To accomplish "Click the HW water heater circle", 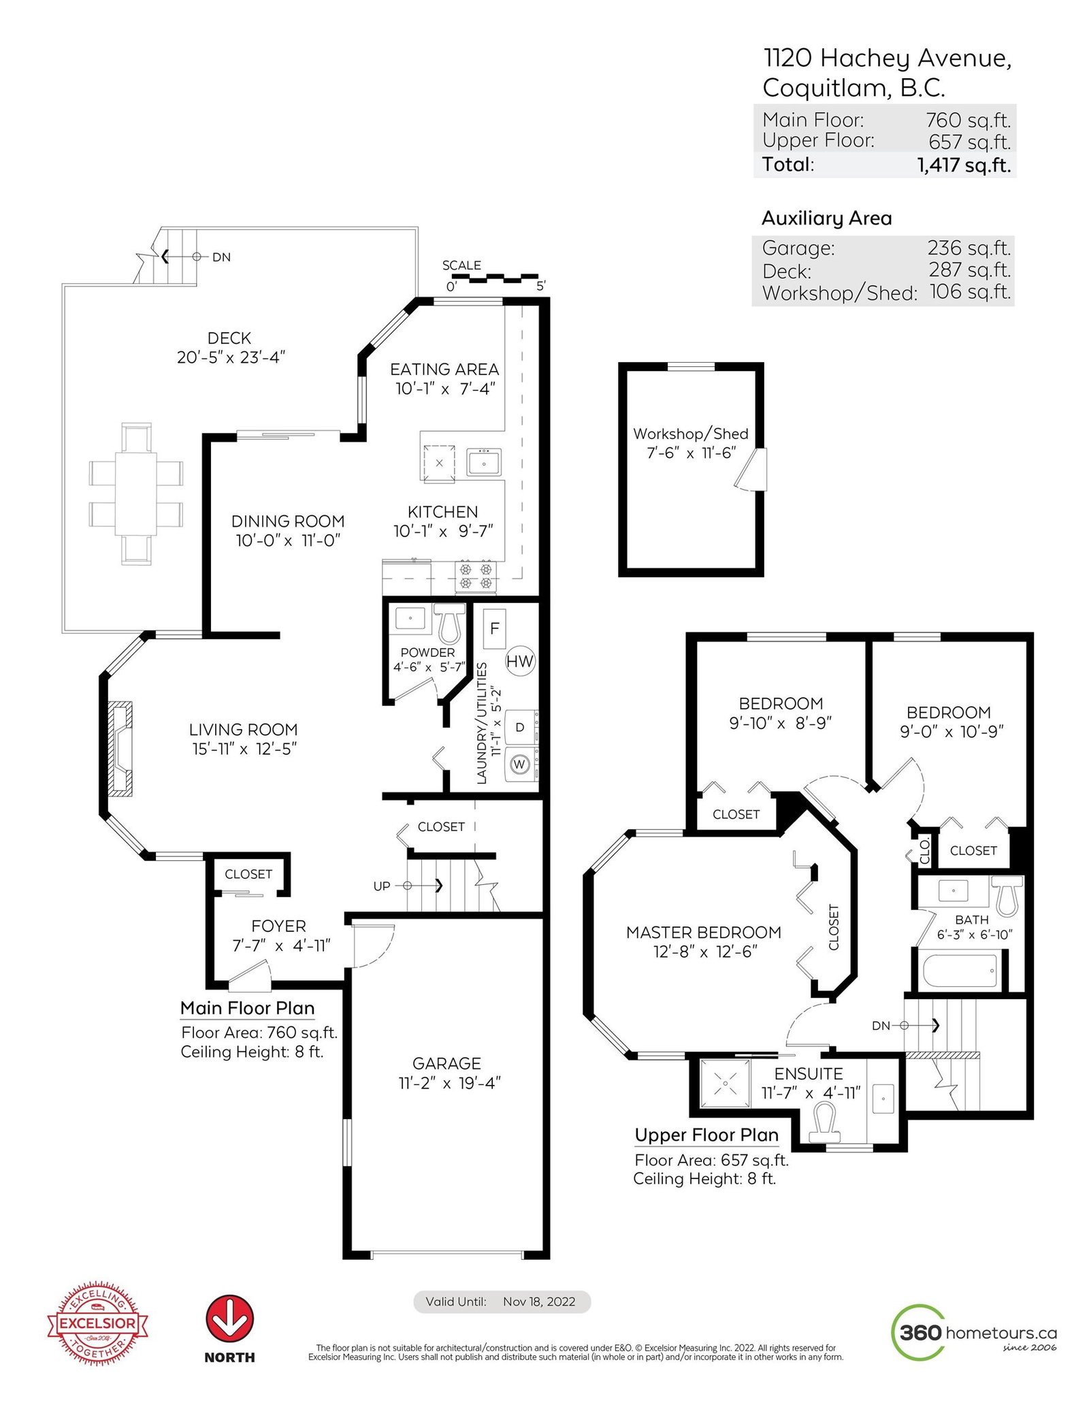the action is pyautogui.click(x=520, y=661).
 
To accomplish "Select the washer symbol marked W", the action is pyautogui.click(x=520, y=764).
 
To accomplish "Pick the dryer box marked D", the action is pyautogui.click(x=520, y=728).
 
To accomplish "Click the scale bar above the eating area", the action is pyautogui.click(x=495, y=278).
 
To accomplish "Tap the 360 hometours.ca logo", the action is pyautogui.click(x=974, y=1332).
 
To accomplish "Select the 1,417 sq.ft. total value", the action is pyautogui.click(x=964, y=165).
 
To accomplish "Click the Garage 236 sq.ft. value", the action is pyautogui.click(x=969, y=248).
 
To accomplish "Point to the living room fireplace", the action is pyautogui.click(x=120, y=748).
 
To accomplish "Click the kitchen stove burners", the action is pyautogui.click(x=476, y=576).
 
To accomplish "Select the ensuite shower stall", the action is pyautogui.click(x=726, y=1083).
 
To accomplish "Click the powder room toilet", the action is pyautogui.click(x=449, y=622).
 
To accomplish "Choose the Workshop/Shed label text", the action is pyautogui.click(x=691, y=434).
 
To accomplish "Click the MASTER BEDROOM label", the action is pyautogui.click(x=704, y=933).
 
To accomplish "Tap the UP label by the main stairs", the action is pyautogui.click(x=382, y=886).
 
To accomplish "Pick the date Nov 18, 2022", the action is pyautogui.click(x=539, y=1301).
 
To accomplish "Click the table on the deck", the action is pyautogui.click(x=136, y=493).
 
